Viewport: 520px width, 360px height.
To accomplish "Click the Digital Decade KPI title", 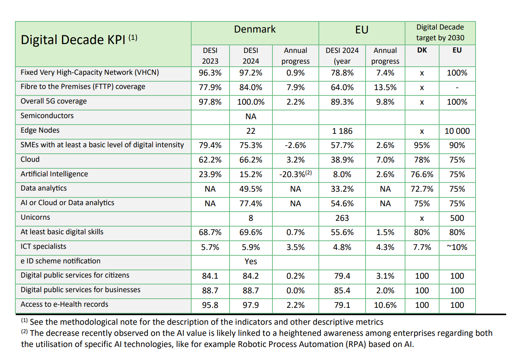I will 79,39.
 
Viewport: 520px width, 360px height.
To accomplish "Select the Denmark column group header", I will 254,30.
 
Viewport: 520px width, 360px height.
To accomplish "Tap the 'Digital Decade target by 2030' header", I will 440,33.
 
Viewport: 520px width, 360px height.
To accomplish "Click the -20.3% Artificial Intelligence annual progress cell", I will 295,174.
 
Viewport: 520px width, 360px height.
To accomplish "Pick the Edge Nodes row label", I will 40,130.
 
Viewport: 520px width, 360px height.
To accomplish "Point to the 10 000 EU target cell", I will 457,131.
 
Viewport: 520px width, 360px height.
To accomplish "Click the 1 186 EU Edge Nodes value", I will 342,131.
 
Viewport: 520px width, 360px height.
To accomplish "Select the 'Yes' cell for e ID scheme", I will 251,261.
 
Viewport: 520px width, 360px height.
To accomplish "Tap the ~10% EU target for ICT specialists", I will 457,247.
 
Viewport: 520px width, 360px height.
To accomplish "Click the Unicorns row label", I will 35,217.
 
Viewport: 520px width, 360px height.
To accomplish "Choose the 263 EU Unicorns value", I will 342,218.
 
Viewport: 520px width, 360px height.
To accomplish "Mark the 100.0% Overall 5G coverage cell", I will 251,102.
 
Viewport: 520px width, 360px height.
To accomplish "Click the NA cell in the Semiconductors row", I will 251,117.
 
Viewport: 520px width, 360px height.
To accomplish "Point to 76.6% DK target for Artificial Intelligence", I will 422,174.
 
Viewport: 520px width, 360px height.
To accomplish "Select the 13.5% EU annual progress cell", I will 385,87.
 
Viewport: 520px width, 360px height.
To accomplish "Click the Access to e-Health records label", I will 64,304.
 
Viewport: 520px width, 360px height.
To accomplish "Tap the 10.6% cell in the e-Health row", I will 385,305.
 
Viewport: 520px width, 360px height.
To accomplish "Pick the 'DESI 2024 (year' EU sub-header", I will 342,56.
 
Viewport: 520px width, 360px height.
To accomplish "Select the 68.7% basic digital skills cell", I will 210,233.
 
